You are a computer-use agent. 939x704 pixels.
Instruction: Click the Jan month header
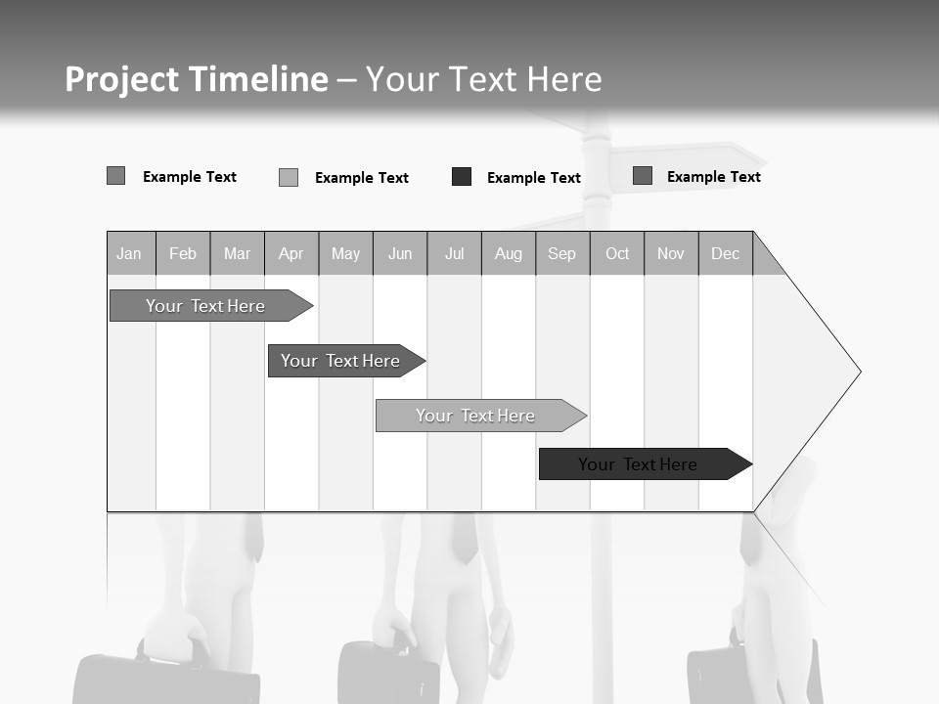129,254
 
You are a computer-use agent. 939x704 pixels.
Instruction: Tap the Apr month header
291,254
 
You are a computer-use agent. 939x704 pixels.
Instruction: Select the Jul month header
454,254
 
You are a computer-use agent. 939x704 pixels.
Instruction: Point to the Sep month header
561,254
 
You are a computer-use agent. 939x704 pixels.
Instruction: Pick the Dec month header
725,254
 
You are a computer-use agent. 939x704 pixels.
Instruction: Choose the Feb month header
183,254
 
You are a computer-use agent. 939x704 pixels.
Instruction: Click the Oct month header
617,254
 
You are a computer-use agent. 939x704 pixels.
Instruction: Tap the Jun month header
400,254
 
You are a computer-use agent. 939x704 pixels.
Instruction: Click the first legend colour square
115,176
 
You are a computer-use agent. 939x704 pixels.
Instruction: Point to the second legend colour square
289,177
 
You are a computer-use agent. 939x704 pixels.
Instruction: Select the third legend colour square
462,177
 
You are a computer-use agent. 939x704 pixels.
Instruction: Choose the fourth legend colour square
643,176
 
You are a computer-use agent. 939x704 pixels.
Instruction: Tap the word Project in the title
122,79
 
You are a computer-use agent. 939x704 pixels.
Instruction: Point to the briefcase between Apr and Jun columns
386,673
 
